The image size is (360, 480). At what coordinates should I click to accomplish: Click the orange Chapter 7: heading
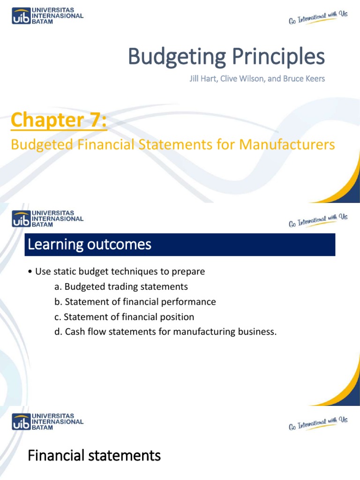point(59,120)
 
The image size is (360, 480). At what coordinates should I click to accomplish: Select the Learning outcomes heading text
point(90,244)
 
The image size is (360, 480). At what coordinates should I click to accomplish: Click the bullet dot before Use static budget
point(30,272)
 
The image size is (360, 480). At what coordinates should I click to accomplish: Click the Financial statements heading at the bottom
point(94,455)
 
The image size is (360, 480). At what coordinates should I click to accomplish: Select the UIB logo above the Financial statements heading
point(47,421)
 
